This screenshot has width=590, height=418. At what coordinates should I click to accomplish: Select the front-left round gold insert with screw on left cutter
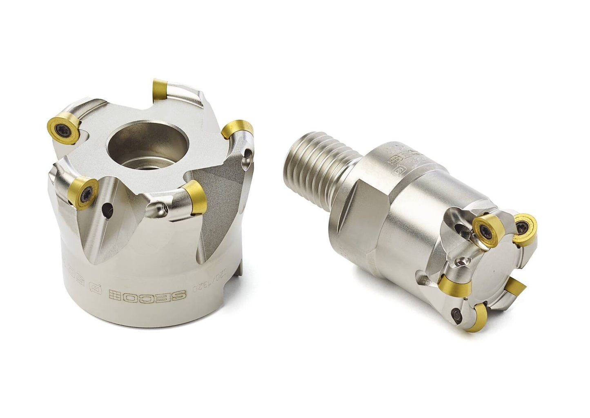84,191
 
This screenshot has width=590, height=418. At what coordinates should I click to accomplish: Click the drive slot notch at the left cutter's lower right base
240,265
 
